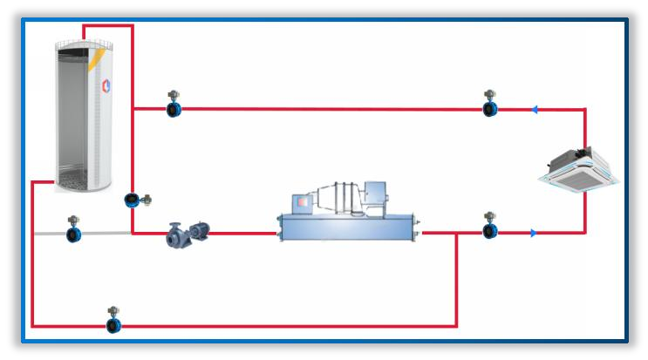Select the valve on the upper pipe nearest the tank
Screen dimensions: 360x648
pyautogui.click(x=174, y=108)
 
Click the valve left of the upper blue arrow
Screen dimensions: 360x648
pyautogui.click(x=490, y=108)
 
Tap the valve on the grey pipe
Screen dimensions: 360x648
pyautogui.click(x=73, y=234)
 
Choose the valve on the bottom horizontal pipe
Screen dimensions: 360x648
pyautogui.click(x=113, y=324)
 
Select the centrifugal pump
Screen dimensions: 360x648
pyautogui.click(x=187, y=234)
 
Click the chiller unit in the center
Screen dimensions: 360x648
pyautogui.click(x=349, y=218)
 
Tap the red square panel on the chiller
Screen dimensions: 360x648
pyautogui.click(x=303, y=201)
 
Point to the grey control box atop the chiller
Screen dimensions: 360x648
pyautogui.click(x=376, y=192)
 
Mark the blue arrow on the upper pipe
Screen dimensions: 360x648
pyautogui.click(x=534, y=109)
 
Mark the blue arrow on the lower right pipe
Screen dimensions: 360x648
pyautogui.click(x=532, y=233)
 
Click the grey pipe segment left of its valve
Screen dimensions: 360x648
pyautogui.click(x=48, y=234)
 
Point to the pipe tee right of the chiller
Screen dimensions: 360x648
pyautogui.click(x=456, y=233)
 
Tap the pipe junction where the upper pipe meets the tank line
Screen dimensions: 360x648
pyautogui.click(x=133, y=109)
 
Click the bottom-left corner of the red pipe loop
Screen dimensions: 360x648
pyautogui.click(x=32, y=326)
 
